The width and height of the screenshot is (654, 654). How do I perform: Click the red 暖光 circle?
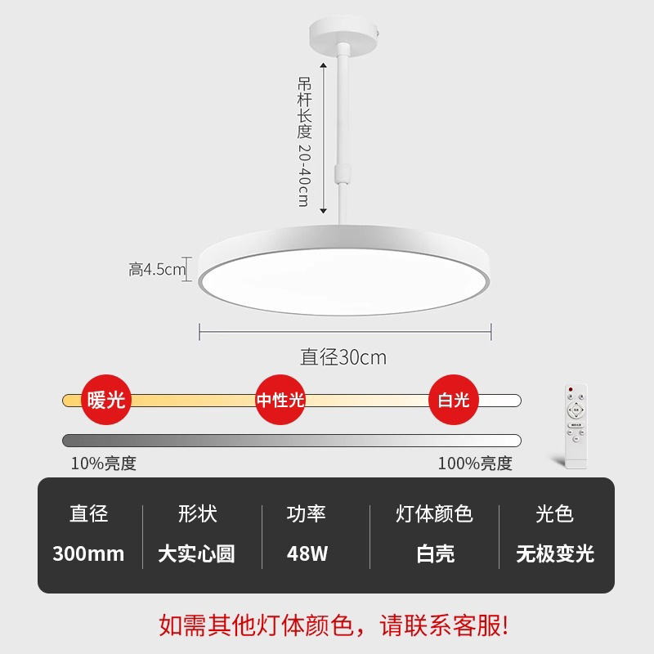(x=105, y=401)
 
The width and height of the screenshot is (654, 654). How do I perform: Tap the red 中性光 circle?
(x=280, y=401)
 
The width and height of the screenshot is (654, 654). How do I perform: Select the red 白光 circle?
(x=454, y=401)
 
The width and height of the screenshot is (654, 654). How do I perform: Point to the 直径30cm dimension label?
(x=343, y=357)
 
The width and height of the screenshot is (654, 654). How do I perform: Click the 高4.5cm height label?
(x=158, y=269)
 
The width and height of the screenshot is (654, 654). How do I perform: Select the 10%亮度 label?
(x=104, y=464)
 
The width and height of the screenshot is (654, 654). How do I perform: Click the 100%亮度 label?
(x=475, y=464)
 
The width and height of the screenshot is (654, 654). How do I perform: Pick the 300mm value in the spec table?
(x=88, y=553)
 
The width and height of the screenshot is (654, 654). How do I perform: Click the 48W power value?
(x=307, y=553)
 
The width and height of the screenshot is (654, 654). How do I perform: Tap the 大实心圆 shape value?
(x=196, y=553)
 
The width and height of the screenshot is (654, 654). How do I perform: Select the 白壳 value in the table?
(x=434, y=553)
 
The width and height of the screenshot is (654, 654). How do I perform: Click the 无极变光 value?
(x=554, y=553)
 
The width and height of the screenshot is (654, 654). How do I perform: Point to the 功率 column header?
(x=307, y=514)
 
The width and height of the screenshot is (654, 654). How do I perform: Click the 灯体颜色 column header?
(x=434, y=514)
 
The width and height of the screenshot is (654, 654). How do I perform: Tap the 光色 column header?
(x=554, y=514)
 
